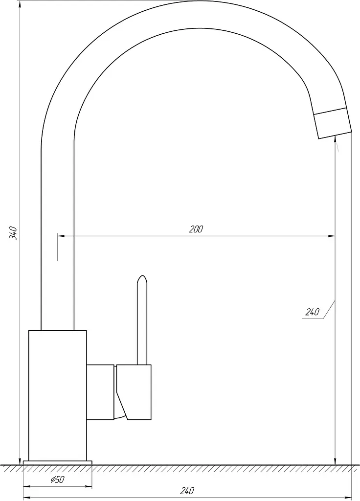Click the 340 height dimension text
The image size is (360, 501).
click(13, 232)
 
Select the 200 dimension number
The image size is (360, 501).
click(196, 229)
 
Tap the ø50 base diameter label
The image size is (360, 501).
click(58, 479)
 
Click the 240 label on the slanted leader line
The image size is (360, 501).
click(312, 312)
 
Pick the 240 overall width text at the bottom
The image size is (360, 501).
click(187, 491)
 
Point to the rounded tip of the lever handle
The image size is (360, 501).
click(142, 277)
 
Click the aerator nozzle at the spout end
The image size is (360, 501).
click(333, 123)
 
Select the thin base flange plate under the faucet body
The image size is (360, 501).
click(58, 463)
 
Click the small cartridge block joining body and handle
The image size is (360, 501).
click(100, 392)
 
